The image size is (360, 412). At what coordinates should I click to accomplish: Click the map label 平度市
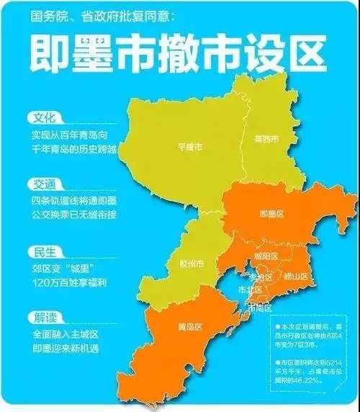pyautogui.click(x=189, y=147)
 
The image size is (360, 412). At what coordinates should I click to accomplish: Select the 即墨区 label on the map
pyautogui.click(x=270, y=213)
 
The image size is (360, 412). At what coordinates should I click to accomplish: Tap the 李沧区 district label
pyautogui.click(x=261, y=276)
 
